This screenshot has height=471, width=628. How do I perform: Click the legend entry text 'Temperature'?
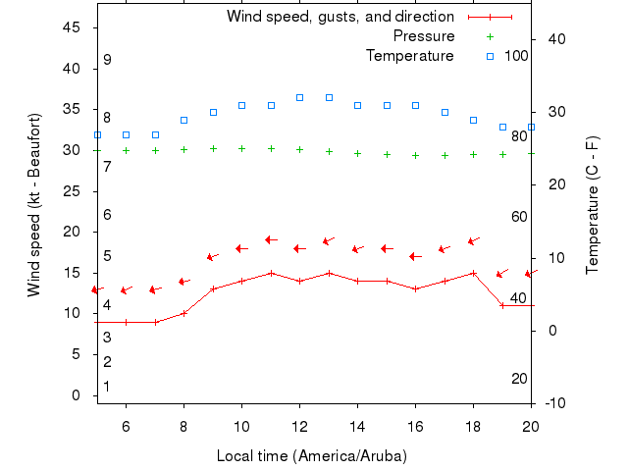(409, 56)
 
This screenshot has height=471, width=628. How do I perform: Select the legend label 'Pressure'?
(424, 36)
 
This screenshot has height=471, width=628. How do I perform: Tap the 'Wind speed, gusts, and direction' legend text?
(340, 17)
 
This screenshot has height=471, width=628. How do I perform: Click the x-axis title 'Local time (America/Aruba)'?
(311, 456)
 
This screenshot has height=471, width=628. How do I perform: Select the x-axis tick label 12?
(299, 425)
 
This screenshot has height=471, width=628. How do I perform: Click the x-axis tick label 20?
(531, 425)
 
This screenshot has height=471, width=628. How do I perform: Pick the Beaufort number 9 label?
(107, 60)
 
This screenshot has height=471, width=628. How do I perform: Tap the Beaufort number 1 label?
(107, 387)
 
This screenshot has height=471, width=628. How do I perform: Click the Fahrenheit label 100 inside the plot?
(516, 56)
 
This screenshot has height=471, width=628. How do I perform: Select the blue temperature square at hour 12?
(300, 98)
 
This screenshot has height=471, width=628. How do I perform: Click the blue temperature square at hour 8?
(184, 120)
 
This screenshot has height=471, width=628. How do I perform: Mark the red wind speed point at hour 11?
(271, 273)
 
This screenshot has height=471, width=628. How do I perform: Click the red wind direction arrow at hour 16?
(416, 256)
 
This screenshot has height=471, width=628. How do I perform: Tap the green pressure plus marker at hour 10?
(242, 149)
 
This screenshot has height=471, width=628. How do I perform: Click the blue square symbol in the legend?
(490, 56)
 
